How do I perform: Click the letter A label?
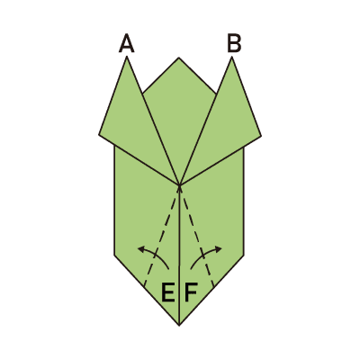(x=126, y=43)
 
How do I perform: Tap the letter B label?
(x=234, y=43)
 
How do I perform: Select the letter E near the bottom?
(x=168, y=292)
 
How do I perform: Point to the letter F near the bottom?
(x=191, y=292)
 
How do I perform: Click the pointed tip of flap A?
(x=127, y=57)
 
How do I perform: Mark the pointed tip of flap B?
(x=231, y=57)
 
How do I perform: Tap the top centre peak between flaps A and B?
(x=179, y=58)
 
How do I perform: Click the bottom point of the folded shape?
(x=179, y=325)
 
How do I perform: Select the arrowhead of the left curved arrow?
(x=140, y=248)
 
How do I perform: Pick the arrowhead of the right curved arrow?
(x=219, y=248)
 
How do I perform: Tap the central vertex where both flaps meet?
(x=179, y=184)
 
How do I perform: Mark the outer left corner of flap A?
(x=99, y=135)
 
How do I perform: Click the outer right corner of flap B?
(x=261, y=136)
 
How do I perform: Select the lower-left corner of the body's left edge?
(x=114, y=256)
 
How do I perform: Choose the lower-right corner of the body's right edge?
(x=244, y=256)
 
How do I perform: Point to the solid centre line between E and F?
(x=179, y=255)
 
